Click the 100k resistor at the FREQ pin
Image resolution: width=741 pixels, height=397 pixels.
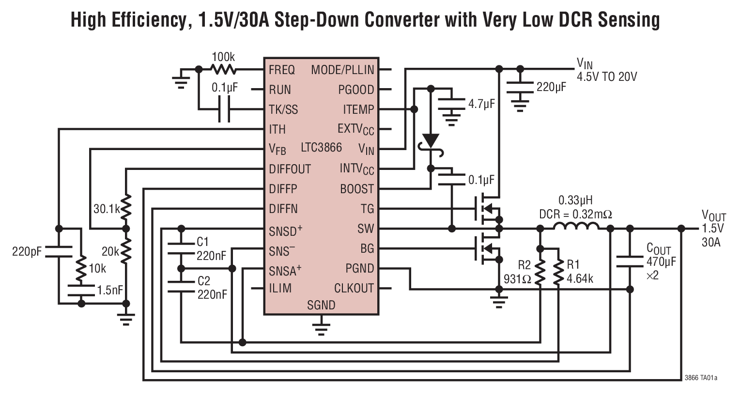coord(223,70)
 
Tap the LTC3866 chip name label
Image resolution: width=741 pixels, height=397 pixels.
coord(321,147)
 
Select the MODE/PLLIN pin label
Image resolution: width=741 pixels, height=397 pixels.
coord(342,70)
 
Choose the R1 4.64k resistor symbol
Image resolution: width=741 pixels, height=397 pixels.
coord(558,273)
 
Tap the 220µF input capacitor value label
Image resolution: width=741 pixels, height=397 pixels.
coord(551,88)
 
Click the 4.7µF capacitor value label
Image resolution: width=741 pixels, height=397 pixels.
coord(481,104)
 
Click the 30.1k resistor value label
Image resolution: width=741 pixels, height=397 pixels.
coord(106,209)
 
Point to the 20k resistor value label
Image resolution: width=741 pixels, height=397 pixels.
coord(110,252)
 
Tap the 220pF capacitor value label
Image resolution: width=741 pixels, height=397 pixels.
coord(27,251)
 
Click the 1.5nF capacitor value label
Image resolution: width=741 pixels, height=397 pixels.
coord(110,290)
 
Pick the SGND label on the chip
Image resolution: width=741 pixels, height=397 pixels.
coord(321,305)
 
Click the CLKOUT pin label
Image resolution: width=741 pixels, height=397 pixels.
coord(354,289)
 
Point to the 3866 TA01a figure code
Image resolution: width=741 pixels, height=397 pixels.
coord(701,378)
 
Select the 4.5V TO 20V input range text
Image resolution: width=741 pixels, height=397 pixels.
coord(606,77)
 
